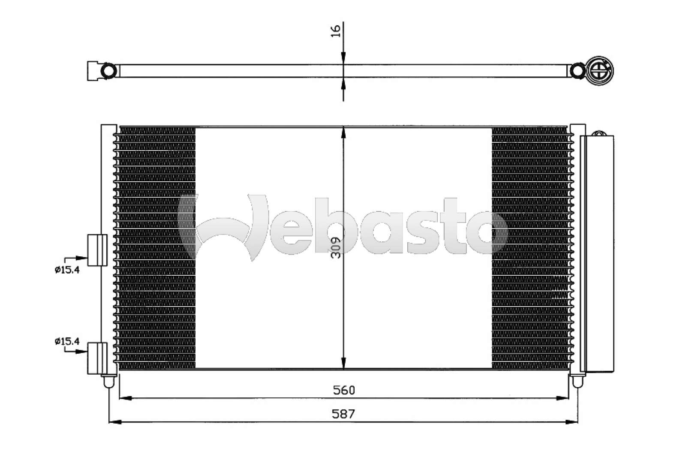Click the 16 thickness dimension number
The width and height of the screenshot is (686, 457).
coord(336,31)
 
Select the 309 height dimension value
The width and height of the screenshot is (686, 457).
coord(337,248)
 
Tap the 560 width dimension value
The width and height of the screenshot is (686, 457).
coord(344,390)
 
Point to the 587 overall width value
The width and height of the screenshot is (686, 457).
coord(343,414)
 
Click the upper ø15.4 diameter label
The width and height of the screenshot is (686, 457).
coord(67,270)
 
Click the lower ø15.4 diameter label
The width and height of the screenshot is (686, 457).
coord(67,341)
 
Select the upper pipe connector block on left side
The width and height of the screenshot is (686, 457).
coord(97,250)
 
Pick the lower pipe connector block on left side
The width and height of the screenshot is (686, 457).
coord(97,358)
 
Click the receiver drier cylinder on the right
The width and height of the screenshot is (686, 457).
coord(597,253)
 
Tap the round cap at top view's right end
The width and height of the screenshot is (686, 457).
coord(600,70)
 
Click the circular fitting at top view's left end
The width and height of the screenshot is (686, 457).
coord(108,71)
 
